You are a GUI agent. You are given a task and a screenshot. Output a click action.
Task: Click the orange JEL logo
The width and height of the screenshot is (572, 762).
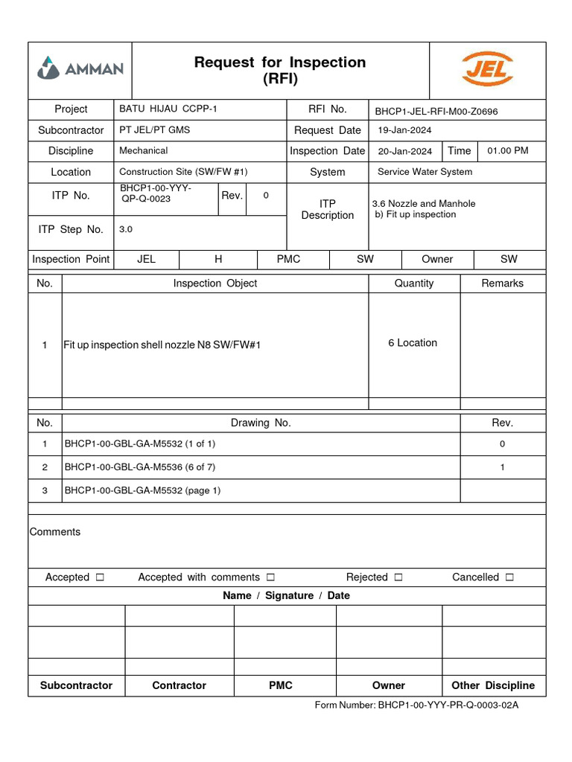487,69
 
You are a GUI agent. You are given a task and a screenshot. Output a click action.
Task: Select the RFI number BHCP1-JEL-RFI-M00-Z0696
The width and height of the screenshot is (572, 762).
436,112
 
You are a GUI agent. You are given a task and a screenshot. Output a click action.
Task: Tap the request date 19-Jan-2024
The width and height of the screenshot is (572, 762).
404,130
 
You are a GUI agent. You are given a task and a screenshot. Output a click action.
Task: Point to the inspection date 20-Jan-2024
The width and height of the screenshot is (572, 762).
404,151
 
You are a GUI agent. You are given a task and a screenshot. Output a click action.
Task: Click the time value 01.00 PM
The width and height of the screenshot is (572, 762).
507,151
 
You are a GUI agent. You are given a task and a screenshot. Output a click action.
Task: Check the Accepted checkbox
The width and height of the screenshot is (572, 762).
101,577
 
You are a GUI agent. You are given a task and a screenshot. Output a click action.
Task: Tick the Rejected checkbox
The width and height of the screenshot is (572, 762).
398,577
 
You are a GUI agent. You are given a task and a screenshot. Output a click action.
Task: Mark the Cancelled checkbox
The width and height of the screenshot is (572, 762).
509,577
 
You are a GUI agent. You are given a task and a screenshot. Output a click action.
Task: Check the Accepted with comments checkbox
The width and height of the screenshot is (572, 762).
270,577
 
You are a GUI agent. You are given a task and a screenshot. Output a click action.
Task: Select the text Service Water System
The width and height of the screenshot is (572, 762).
425,172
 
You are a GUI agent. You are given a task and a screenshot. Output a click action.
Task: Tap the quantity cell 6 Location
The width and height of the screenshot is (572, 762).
413,343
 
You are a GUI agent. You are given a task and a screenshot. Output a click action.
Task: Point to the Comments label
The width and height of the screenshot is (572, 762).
55,532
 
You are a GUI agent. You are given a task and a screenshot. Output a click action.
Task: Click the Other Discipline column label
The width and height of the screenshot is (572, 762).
493,685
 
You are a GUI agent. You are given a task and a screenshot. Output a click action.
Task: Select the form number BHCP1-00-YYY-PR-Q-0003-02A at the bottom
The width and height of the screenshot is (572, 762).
448,705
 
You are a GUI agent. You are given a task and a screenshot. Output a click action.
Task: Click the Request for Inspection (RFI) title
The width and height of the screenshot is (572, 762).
280,71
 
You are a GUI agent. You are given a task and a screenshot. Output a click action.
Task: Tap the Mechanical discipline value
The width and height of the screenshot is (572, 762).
144,150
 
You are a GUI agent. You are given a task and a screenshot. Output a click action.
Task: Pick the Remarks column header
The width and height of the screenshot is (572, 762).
502,284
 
